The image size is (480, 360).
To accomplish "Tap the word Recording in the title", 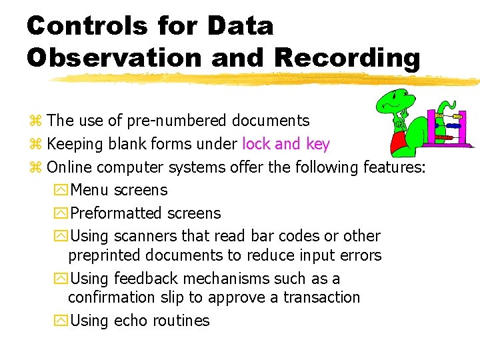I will point(347,57).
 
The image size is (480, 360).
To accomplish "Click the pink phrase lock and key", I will point(285,144).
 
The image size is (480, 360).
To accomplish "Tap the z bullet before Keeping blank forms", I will point(36,145).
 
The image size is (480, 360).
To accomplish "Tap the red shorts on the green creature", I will point(400,139).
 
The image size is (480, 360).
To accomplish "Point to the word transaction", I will point(321,297).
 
